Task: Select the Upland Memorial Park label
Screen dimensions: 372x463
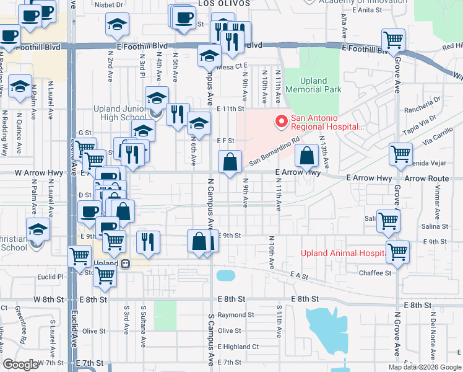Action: click(x=321, y=85)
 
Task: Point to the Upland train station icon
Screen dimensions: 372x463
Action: click(x=126, y=263)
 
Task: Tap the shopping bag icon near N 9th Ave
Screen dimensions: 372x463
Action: click(x=230, y=163)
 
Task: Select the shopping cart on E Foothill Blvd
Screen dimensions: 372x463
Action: click(x=394, y=40)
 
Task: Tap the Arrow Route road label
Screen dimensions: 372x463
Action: click(x=426, y=179)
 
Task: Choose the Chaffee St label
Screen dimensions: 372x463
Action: click(x=375, y=273)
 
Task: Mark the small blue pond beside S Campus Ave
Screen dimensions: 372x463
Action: click(x=224, y=275)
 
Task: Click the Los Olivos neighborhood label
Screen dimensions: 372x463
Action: click(x=224, y=4)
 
